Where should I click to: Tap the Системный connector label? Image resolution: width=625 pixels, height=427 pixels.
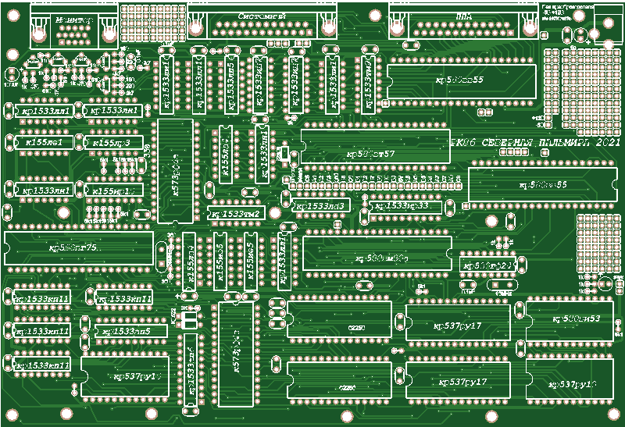click(262, 16)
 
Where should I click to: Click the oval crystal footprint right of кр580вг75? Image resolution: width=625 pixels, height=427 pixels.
click(162, 251)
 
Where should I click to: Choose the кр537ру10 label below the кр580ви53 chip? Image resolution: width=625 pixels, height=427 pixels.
click(574, 385)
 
